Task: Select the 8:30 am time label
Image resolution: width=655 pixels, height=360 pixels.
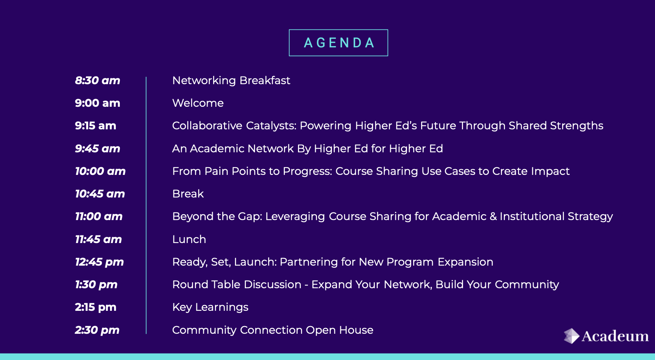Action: tap(98, 80)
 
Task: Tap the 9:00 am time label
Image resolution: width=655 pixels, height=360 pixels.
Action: tap(98, 103)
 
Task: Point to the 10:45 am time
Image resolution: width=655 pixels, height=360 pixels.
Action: tap(100, 194)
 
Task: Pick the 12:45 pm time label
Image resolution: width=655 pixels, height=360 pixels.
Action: tap(99, 262)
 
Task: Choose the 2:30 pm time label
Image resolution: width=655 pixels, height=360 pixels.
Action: tap(97, 330)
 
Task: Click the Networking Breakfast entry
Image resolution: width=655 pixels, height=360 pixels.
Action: tap(231, 81)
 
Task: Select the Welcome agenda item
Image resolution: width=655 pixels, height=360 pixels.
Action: tap(198, 103)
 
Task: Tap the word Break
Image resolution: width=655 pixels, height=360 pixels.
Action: tap(188, 194)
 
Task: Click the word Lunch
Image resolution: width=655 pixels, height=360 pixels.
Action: tap(189, 239)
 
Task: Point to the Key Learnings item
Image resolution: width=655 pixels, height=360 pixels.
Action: tap(210, 308)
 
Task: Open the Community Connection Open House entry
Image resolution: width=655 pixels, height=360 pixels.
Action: tap(273, 330)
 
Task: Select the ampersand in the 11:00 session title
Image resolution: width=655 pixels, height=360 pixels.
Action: tap(493, 216)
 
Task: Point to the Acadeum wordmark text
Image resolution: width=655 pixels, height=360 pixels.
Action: tap(615, 336)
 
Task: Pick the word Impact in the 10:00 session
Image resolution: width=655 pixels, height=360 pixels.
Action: tap(550, 171)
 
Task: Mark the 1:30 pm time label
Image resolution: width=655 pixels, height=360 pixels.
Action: tap(96, 285)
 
